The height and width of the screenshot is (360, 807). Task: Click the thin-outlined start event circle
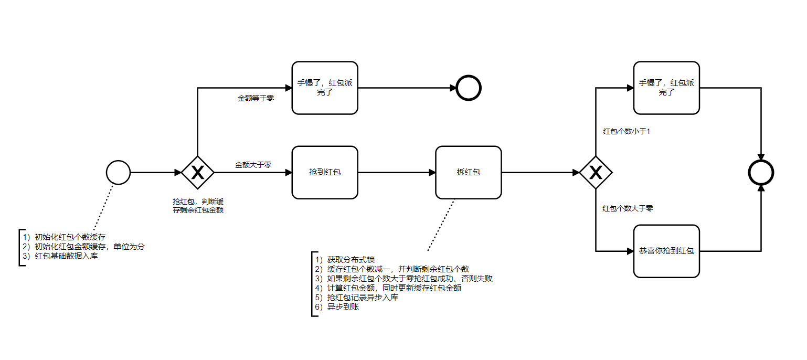118,172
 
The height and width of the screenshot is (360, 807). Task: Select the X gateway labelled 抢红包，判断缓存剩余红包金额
197,172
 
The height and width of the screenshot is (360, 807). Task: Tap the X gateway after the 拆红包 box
596,172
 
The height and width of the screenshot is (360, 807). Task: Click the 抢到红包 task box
325,172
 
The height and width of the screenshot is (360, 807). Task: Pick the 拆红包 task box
468,172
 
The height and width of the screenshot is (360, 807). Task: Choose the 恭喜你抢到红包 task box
666,251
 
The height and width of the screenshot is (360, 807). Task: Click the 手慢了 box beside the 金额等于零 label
325,88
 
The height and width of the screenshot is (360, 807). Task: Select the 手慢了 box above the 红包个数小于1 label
666,88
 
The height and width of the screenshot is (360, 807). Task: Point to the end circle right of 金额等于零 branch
469,88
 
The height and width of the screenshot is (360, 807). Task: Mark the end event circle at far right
761,172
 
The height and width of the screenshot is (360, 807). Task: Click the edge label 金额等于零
256,98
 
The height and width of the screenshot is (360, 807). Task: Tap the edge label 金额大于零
253,164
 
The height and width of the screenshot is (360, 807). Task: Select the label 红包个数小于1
627,131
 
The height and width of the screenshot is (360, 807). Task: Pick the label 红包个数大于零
628,208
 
